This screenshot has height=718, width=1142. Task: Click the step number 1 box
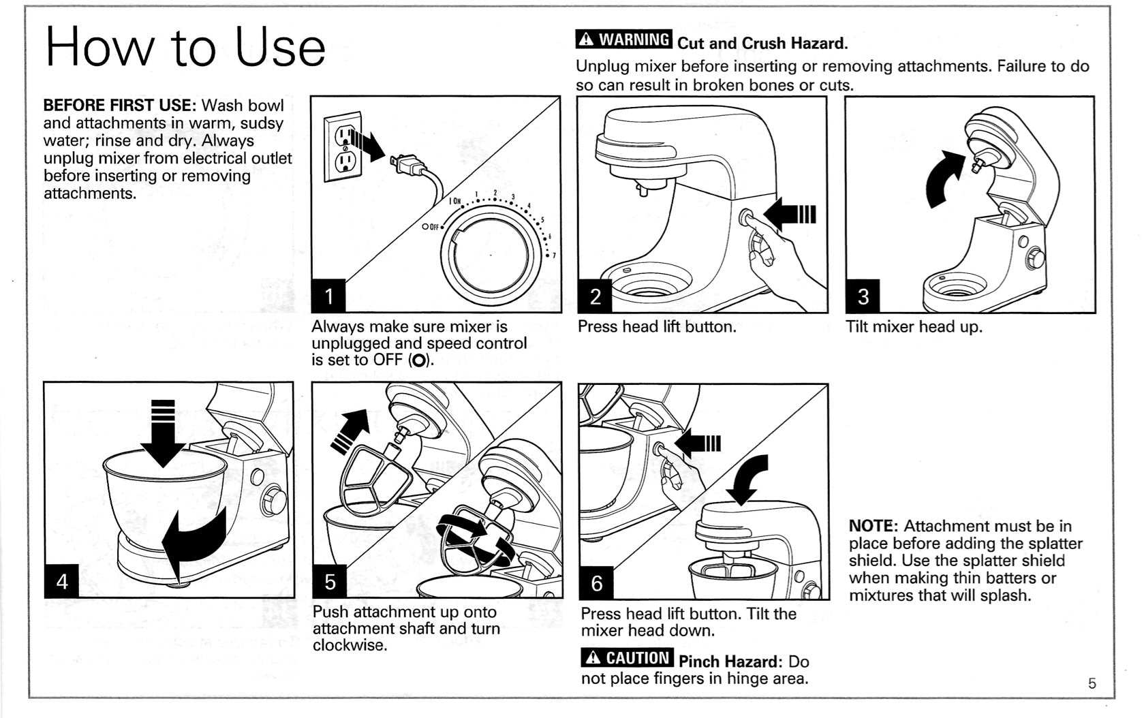[329, 296]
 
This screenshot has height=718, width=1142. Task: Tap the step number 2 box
[596, 296]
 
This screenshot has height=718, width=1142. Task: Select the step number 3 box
[863, 296]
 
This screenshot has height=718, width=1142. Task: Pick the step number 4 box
[62, 581]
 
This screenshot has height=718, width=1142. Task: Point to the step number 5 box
[330, 582]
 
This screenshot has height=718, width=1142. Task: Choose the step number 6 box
[597, 582]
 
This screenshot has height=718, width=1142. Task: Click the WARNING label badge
[624, 40]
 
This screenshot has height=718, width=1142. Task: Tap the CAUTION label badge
[627, 657]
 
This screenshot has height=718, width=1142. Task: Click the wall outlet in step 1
[343, 146]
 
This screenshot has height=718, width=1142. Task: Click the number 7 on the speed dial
[554, 255]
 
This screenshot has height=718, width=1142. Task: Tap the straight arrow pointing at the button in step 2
[789, 215]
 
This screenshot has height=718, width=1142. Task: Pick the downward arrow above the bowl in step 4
[163, 433]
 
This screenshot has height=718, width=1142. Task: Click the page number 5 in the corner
[1092, 683]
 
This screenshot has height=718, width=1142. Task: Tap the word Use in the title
[280, 48]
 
